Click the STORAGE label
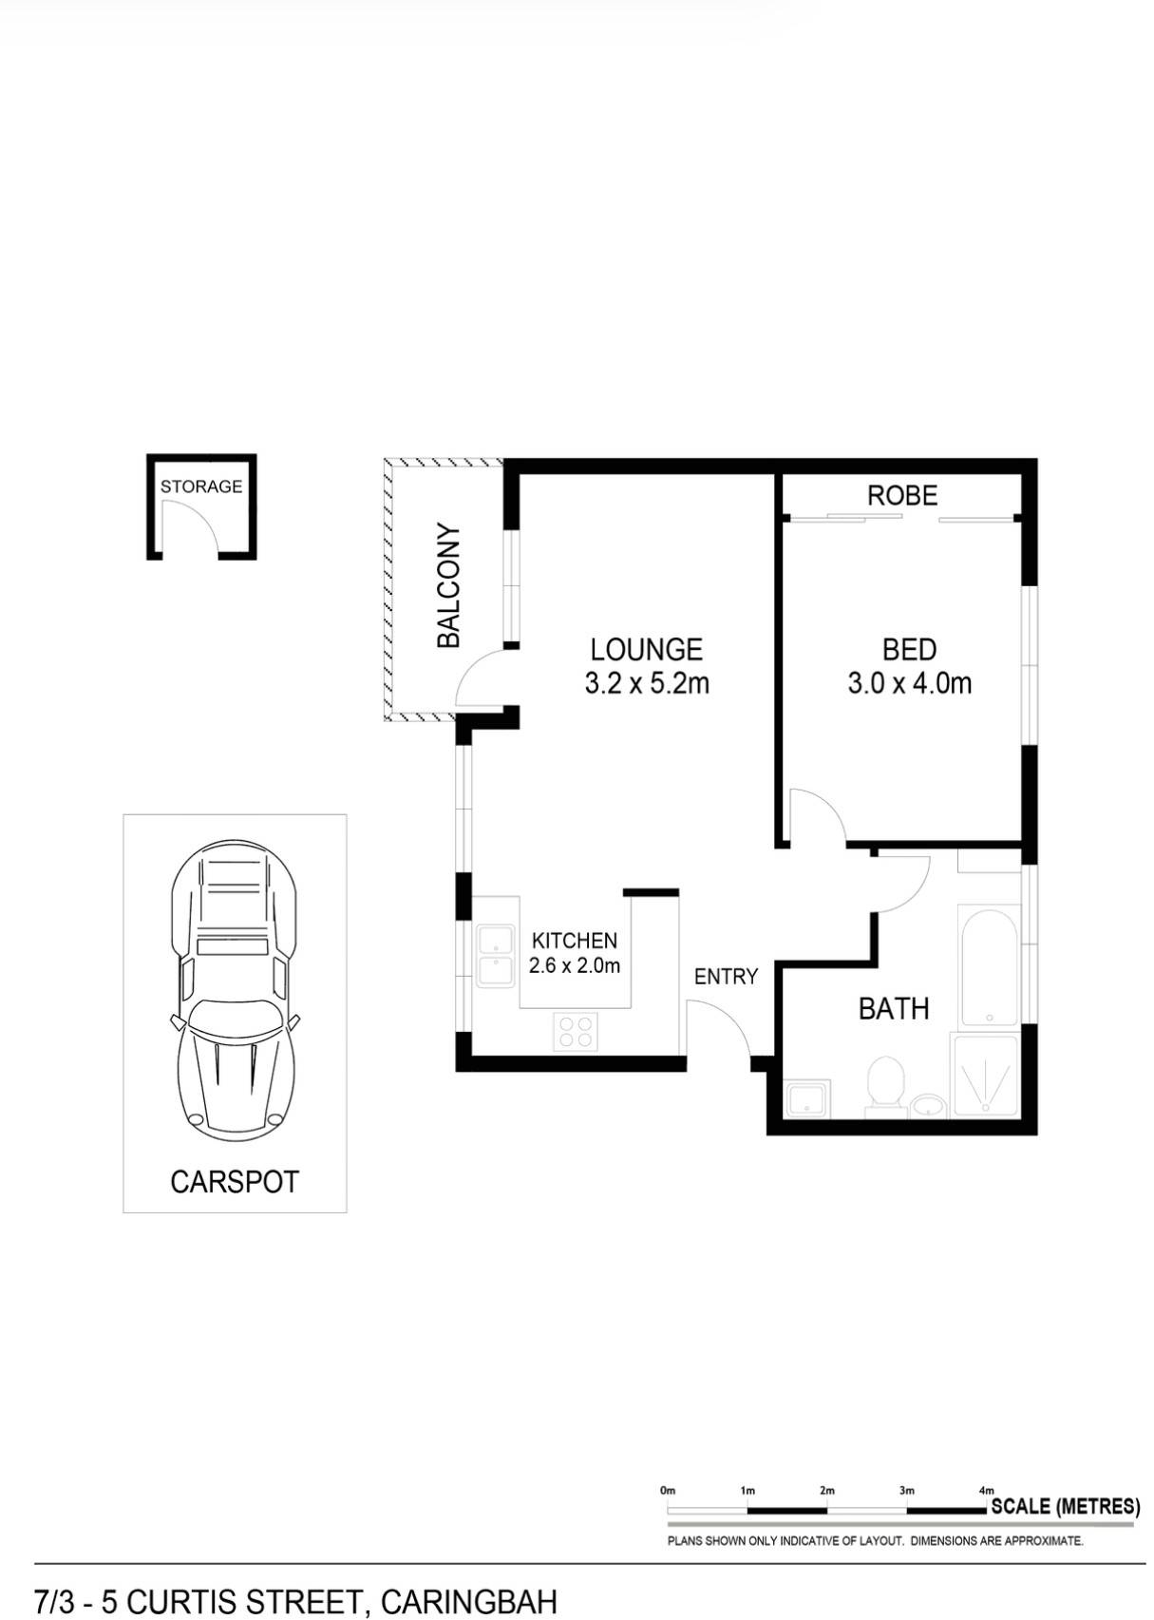pyautogui.click(x=201, y=486)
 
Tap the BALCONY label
pyautogui.click(x=449, y=586)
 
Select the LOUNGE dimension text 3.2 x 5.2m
pyautogui.click(x=647, y=684)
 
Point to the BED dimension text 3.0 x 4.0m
pyautogui.click(x=910, y=684)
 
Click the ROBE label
pyautogui.click(x=902, y=495)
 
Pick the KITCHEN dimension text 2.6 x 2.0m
pyautogui.click(x=574, y=966)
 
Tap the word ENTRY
pyautogui.click(x=726, y=977)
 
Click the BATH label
pyautogui.click(x=894, y=1009)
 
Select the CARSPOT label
pyautogui.click(x=235, y=1182)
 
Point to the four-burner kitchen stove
pyautogui.click(x=577, y=1032)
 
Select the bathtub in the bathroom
pyautogui.click(x=989, y=965)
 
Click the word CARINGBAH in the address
pyautogui.click(x=468, y=1602)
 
